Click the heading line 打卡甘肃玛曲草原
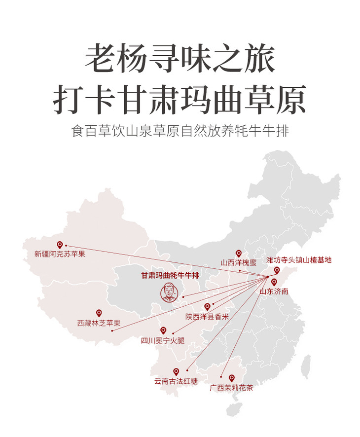pyautogui.click(x=180, y=99)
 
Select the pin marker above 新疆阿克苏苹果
pyautogui.click(x=60, y=244)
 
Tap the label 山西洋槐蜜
pyautogui.click(x=239, y=263)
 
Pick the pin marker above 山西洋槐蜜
pyautogui.click(x=239, y=253)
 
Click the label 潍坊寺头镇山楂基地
pyautogui.click(x=299, y=259)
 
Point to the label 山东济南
pyautogui.click(x=274, y=291)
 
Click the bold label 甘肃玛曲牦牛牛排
pyautogui.click(x=170, y=275)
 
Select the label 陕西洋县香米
pyautogui.click(x=207, y=317)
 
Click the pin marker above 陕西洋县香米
pyautogui.click(x=208, y=306)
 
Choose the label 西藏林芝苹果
pyautogui.click(x=99, y=323)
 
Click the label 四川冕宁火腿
pyautogui.click(x=163, y=340)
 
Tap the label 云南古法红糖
pyautogui.click(x=176, y=381)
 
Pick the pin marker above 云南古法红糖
pyautogui.click(x=176, y=371)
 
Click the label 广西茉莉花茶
pyautogui.click(x=231, y=388)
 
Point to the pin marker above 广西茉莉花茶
pyautogui.click(x=231, y=378)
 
